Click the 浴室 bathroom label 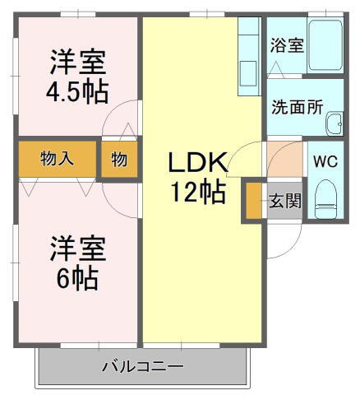[288, 44]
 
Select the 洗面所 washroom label [298, 107]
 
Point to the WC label [325, 160]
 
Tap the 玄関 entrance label [285, 201]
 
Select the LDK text [197, 162]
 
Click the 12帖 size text [198, 193]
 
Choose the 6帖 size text [77, 278]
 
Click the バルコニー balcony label [142, 365]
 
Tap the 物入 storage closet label [58, 160]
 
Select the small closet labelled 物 [119, 160]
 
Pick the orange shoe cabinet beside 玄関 [252, 200]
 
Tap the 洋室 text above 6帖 [77, 248]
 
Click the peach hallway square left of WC [284, 158]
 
